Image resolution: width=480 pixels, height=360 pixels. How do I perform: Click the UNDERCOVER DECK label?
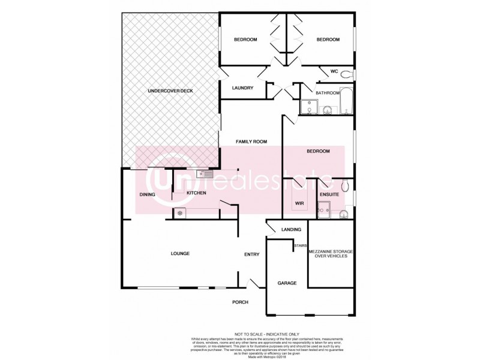point(170,91)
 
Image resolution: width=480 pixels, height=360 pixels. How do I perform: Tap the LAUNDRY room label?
point(242,88)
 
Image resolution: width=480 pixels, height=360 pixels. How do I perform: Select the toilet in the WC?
point(352,74)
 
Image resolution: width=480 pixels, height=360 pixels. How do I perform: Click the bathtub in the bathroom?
point(347,102)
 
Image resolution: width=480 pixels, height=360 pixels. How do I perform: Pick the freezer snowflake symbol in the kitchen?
point(179,213)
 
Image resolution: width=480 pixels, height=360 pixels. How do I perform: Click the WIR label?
point(299,204)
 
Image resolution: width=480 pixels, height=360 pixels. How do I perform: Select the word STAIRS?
point(300,245)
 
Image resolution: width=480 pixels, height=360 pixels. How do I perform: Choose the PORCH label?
point(240,302)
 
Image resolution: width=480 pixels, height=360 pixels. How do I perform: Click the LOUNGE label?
point(180,254)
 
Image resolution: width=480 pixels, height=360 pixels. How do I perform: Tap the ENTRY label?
point(251,254)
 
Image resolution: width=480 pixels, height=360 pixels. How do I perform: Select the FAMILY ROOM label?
point(251,142)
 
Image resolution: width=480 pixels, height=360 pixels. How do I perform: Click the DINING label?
point(147,194)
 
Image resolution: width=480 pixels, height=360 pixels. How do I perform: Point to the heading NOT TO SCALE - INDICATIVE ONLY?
point(267,334)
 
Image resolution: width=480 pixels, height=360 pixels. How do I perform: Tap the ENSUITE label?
point(329,194)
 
